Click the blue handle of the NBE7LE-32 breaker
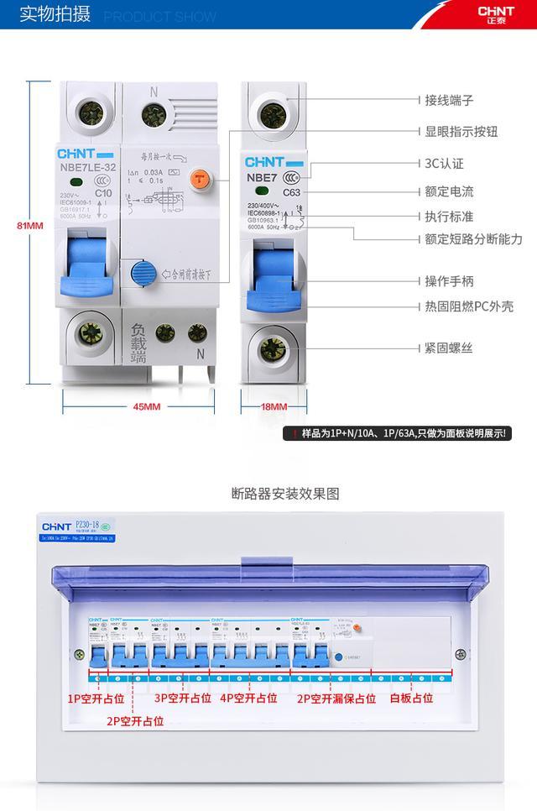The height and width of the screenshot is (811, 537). (86, 268)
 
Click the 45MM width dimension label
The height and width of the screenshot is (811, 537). (147, 407)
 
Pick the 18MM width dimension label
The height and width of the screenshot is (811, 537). (274, 407)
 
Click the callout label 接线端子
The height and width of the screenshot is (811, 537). (449, 101)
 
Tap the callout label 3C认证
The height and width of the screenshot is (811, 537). (445, 164)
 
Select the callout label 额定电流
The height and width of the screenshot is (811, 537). (449, 191)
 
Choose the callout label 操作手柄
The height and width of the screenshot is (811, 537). (449, 281)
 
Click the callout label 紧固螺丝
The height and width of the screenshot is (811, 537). (449, 348)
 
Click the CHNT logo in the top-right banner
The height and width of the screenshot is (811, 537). (495, 15)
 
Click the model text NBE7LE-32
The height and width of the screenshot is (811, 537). (88, 166)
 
